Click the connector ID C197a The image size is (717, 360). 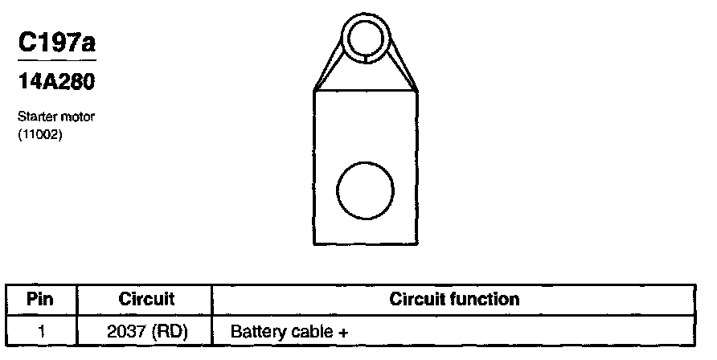point(56,43)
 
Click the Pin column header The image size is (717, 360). point(40,300)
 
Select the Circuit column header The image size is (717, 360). point(146,300)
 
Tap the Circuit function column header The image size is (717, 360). point(454,300)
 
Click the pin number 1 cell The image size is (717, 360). point(40,330)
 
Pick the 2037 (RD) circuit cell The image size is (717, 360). point(146,330)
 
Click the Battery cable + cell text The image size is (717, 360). point(289,331)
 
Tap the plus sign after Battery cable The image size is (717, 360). point(343,331)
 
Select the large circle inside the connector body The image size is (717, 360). point(366,190)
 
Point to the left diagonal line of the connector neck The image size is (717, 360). point(329,64)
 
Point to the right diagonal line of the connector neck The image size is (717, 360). point(404,64)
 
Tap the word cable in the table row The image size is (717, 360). point(314,331)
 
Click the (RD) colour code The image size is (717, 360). point(172,330)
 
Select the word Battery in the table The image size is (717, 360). point(258,331)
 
